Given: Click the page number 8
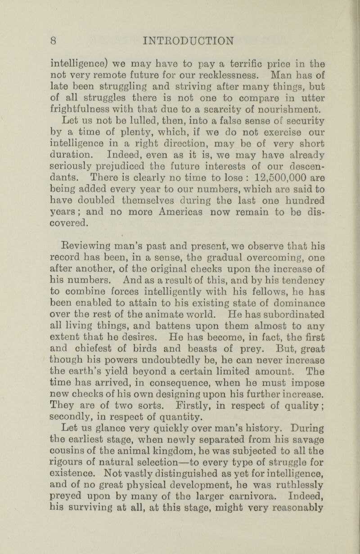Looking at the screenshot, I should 53,41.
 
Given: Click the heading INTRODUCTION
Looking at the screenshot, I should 188,41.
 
